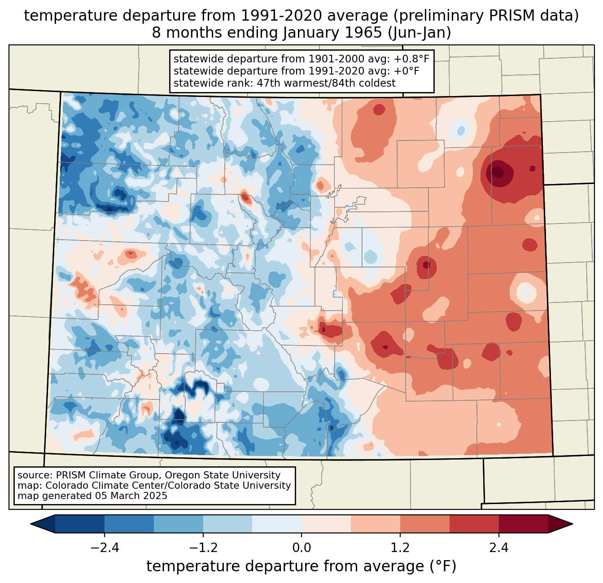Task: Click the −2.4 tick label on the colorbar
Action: pos(104,548)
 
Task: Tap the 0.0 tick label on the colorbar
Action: pos(301,548)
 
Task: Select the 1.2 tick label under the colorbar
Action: pos(400,548)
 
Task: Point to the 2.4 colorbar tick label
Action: pos(499,548)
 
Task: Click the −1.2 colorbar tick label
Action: pos(203,548)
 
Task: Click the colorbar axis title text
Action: pos(301,566)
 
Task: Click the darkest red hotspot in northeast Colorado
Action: pos(497,172)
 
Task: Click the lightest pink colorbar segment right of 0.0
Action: pos(326,524)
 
